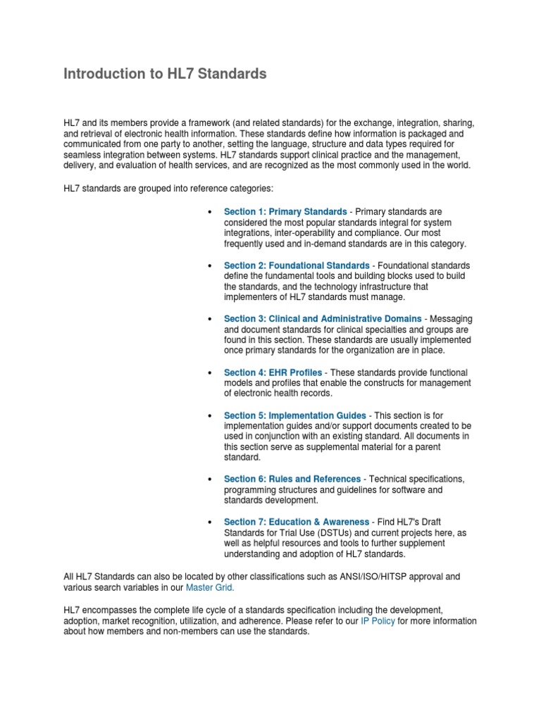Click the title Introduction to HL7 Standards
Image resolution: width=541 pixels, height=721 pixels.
pos(165,74)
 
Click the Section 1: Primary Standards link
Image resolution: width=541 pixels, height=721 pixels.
pos(285,211)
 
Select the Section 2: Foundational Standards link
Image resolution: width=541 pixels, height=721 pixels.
pos(296,265)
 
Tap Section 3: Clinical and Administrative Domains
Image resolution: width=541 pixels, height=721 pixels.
pos(323,319)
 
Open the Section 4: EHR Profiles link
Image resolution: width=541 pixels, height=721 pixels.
pos(273,372)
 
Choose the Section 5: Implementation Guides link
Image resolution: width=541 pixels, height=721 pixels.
pos(294,415)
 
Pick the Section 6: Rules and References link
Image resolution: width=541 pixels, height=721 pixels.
pos(292,479)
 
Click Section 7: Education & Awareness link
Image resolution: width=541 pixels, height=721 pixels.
pos(296,522)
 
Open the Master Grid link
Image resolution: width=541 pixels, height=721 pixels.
pos(210,587)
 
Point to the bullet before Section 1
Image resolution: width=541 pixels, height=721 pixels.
pos(210,212)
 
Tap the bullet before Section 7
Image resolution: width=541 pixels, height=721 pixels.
pos(210,522)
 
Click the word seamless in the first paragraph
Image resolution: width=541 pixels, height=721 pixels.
pos(82,154)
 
